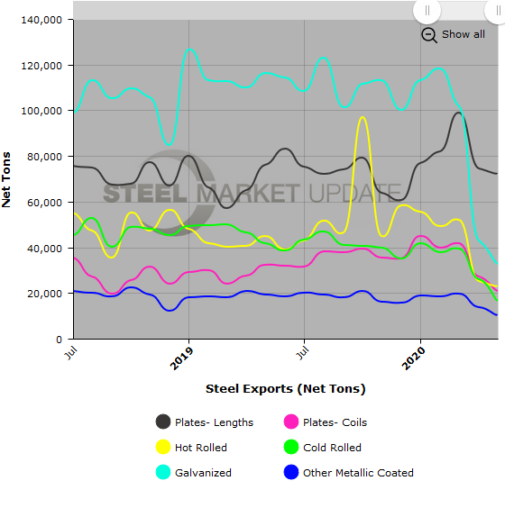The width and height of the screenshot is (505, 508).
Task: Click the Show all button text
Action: click(463, 34)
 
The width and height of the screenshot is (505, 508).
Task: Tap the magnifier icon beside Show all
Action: click(429, 34)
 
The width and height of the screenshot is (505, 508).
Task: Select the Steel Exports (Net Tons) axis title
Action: click(285, 388)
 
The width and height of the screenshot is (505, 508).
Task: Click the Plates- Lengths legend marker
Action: click(163, 422)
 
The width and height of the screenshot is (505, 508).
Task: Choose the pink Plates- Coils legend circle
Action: click(291, 422)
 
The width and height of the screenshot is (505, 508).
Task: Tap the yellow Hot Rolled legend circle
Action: click(163, 447)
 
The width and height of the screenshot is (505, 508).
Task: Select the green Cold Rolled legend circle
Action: click(291, 447)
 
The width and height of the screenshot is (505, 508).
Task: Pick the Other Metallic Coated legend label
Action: click(358, 472)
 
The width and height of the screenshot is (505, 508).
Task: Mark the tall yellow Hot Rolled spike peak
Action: click(363, 117)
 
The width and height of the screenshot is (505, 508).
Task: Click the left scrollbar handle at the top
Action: click(427, 10)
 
